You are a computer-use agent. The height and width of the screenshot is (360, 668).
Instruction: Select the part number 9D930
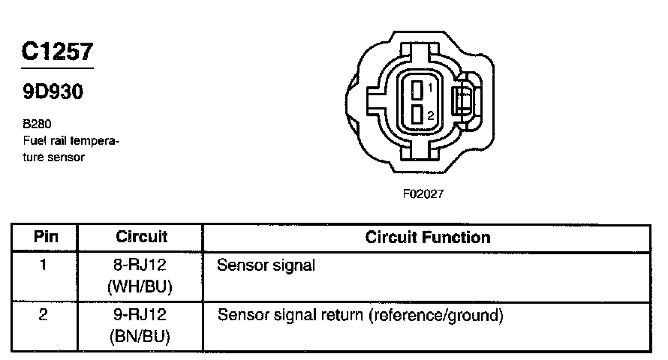(52, 92)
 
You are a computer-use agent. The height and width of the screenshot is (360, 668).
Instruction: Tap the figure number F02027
(423, 193)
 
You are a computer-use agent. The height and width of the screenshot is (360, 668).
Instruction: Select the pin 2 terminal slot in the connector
(418, 115)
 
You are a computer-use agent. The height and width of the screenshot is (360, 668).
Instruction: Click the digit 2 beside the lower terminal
(431, 115)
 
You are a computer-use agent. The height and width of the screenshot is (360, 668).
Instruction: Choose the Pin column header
(47, 237)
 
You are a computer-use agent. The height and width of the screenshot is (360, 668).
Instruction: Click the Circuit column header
(142, 237)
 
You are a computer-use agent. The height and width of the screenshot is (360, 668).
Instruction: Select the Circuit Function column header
(428, 237)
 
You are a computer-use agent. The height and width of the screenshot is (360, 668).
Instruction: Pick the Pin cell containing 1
(43, 265)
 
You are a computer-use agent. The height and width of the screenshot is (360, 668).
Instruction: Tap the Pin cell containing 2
(43, 315)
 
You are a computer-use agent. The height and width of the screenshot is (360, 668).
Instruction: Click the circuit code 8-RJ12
(141, 265)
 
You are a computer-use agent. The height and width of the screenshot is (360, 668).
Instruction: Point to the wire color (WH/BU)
(141, 286)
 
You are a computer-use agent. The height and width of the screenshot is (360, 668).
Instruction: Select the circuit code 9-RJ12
(141, 316)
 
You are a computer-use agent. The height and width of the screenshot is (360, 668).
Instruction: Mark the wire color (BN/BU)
(141, 337)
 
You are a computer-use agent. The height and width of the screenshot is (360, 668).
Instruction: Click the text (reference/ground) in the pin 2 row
(434, 315)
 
